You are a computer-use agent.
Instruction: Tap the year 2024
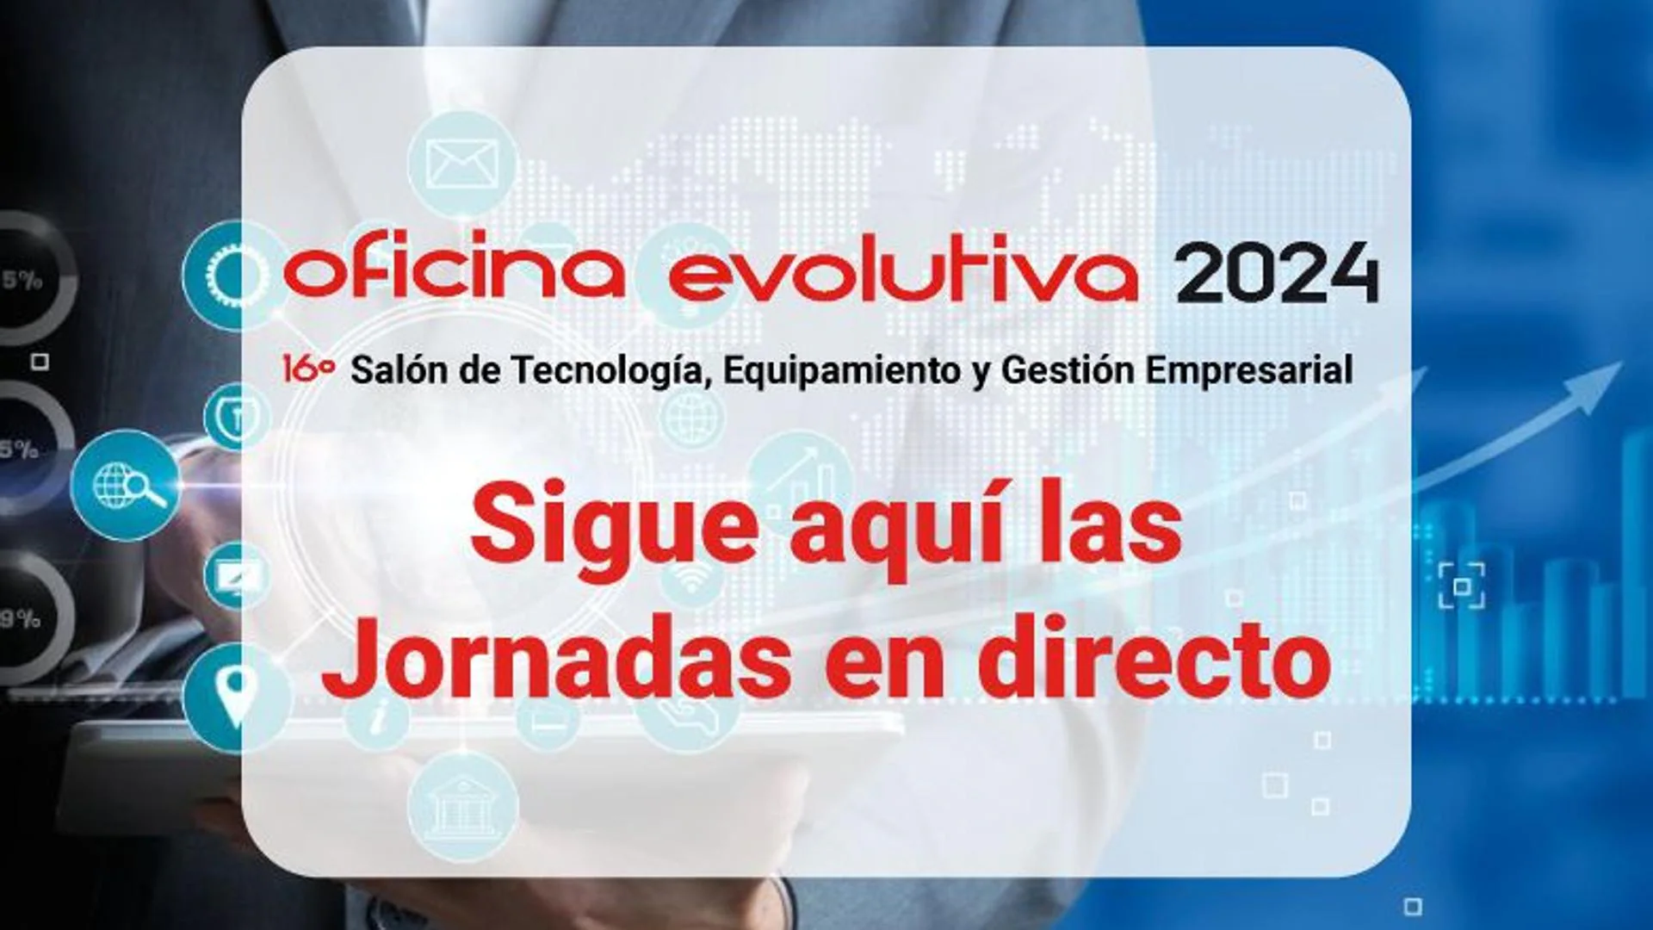[x=1278, y=272]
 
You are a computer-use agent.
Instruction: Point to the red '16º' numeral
[x=308, y=369]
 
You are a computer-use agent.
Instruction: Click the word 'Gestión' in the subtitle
[x=1068, y=371]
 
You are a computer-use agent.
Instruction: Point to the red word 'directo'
[x=1155, y=660]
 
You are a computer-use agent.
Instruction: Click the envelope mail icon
[x=462, y=164]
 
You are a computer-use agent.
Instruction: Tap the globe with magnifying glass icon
[x=127, y=485]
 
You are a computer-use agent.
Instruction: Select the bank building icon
[x=463, y=806]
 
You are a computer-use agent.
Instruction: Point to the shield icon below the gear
[x=237, y=417]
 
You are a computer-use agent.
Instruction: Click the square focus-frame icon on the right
[x=1462, y=586]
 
